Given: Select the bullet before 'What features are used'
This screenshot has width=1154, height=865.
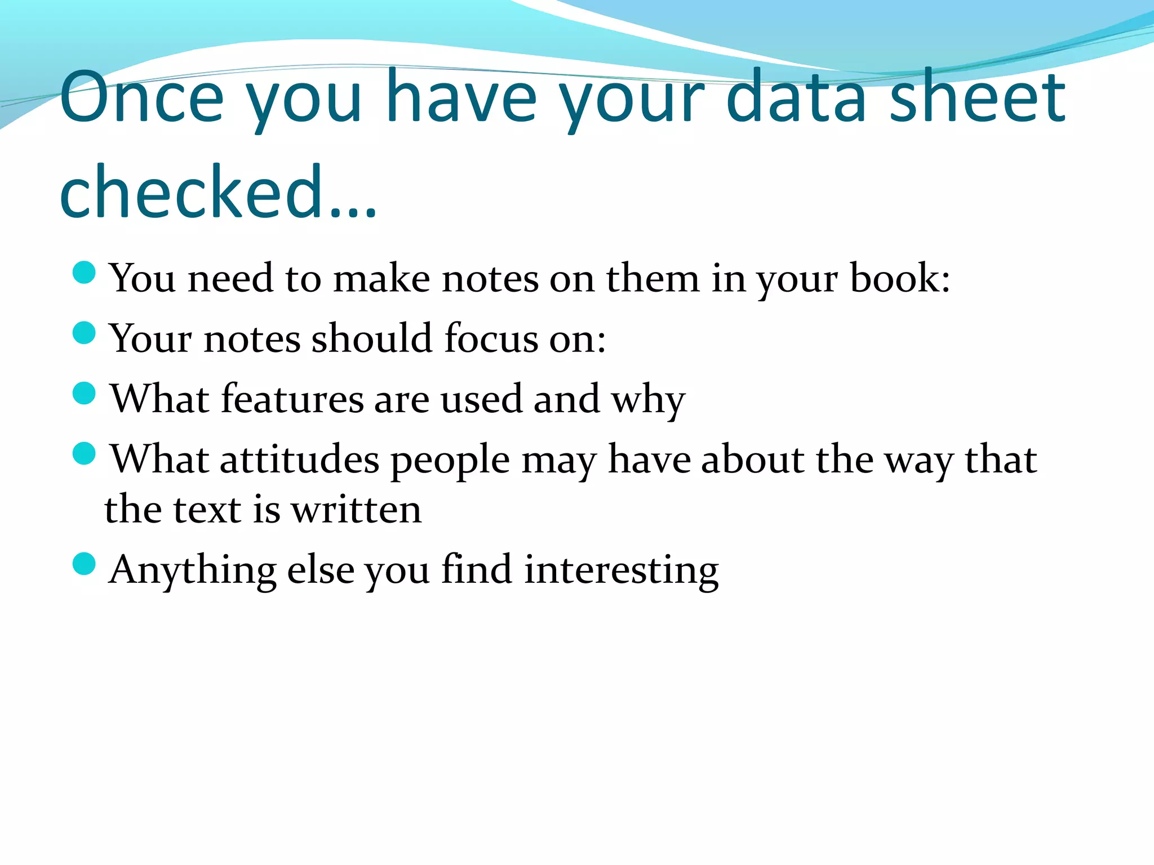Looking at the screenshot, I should pyautogui.click(x=85, y=393).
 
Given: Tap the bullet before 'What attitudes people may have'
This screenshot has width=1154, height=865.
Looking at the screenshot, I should pyautogui.click(x=85, y=453).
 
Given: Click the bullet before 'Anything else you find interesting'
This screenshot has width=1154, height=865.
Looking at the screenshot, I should pyautogui.click(x=85, y=564).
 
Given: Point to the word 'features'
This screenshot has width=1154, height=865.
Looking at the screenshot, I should pyautogui.click(x=292, y=399).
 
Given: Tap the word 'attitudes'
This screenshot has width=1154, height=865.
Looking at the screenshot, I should pyautogui.click(x=299, y=460).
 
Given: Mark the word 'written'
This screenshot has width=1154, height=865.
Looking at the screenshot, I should pyautogui.click(x=356, y=510).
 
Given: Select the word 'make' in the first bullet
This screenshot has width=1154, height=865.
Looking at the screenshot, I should pyautogui.click(x=381, y=278).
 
